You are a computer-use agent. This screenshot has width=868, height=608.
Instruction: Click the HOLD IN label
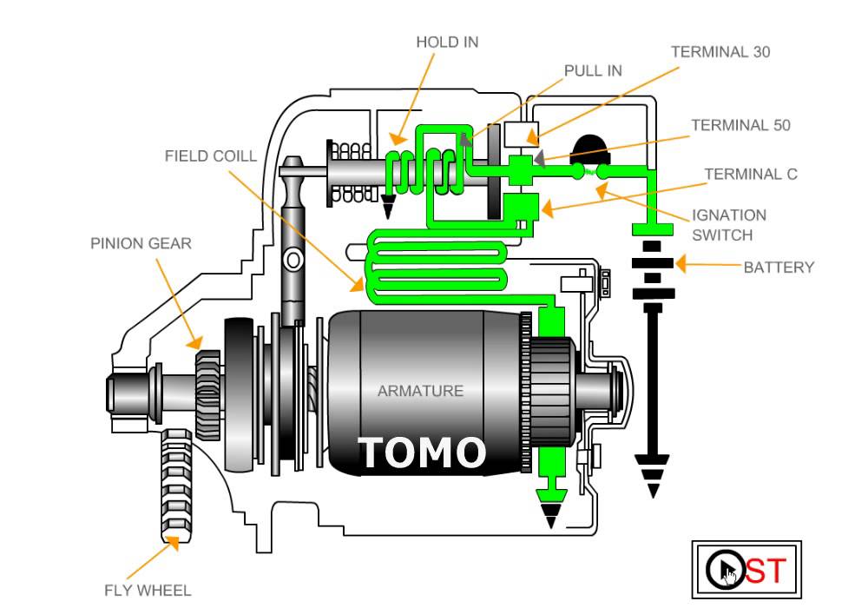[x=447, y=43]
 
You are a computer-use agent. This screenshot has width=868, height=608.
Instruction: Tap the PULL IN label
[x=593, y=71]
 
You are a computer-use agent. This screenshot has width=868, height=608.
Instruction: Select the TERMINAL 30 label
[x=720, y=52]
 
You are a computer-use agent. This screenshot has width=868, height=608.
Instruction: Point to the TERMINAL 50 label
[x=740, y=126]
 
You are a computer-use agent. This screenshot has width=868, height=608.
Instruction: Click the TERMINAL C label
[x=751, y=175]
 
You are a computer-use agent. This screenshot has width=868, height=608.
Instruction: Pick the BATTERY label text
[x=779, y=268]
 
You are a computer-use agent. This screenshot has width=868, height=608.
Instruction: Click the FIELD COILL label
[x=211, y=156]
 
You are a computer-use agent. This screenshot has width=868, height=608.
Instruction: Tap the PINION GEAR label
[x=141, y=244]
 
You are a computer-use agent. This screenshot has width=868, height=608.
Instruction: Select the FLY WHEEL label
[x=148, y=591]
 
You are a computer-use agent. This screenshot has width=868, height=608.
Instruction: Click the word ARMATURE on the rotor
[x=421, y=391]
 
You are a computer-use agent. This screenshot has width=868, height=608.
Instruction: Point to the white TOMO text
[x=422, y=453]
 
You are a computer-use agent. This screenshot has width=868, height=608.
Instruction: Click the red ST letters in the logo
[x=766, y=571]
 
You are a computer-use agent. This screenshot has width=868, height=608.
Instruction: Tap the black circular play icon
[x=726, y=569]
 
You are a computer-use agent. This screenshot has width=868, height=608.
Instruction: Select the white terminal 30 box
[x=521, y=134]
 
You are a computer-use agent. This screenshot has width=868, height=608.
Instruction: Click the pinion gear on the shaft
[x=208, y=395]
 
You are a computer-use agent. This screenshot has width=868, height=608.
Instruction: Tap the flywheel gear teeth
[x=177, y=486]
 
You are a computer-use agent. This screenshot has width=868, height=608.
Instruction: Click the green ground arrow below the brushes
[x=551, y=508]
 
